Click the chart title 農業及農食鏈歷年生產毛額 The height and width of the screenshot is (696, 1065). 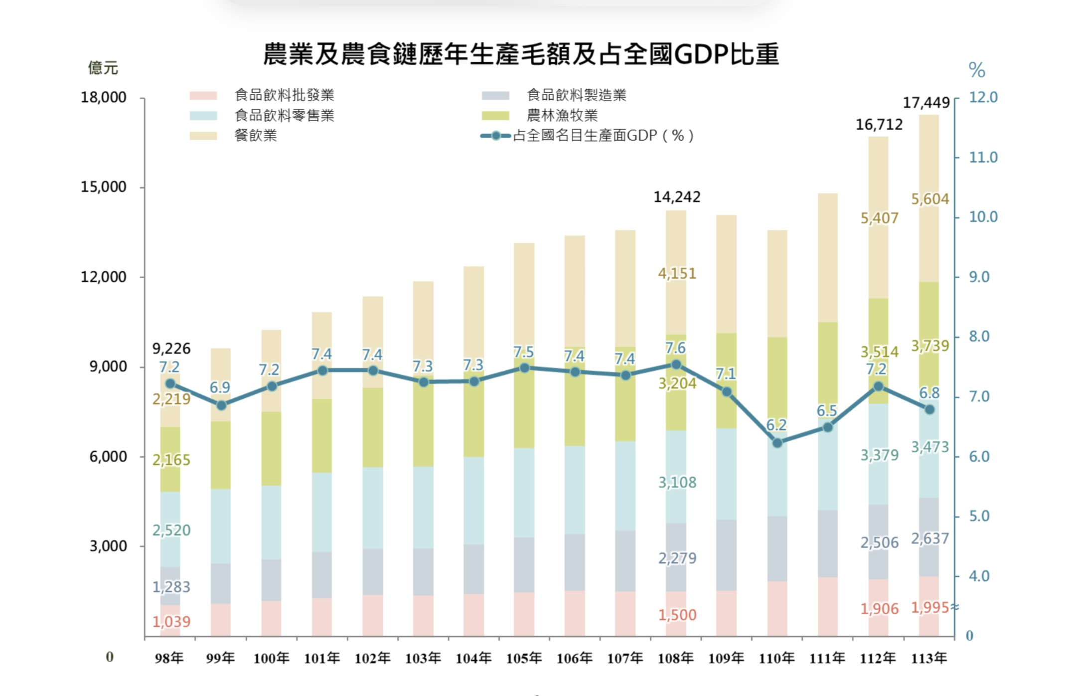click(x=520, y=54)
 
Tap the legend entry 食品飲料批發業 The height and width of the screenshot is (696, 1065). click(x=284, y=95)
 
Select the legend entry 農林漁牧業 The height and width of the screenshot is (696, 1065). click(x=562, y=115)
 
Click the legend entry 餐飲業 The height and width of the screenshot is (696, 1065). click(x=255, y=136)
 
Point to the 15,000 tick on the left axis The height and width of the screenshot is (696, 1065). click(x=104, y=187)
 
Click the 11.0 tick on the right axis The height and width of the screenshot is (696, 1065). click(x=983, y=158)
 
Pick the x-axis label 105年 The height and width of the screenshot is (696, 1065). click(x=524, y=658)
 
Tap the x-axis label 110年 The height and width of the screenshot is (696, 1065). click(x=776, y=658)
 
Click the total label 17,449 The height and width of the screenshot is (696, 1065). click(x=926, y=103)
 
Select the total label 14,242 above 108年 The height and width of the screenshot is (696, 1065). click(x=677, y=197)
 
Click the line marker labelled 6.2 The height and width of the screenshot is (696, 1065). click(x=777, y=443)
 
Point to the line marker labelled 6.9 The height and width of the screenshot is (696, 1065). click(x=222, y=405)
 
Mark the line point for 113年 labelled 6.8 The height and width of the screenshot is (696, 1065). click(x=929, y=409)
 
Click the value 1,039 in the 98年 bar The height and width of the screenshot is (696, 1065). click(x=171, y=622)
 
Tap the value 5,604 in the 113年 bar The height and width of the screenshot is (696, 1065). click(x=930, y=199)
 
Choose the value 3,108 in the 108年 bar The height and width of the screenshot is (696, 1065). click(x=677, y=482)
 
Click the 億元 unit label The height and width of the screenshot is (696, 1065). click(x=103, y=68)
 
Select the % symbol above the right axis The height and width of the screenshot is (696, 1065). click(x=976, y=70)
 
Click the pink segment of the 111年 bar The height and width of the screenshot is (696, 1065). click(x=827, y=606)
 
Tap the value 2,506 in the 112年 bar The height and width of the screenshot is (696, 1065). click(x=879, y=542)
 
